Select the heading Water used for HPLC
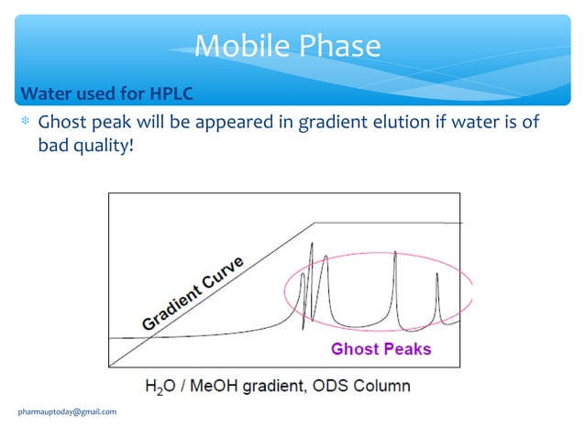106,94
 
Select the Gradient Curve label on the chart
193,293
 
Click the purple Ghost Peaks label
381,348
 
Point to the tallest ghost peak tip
312,243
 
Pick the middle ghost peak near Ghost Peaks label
395,253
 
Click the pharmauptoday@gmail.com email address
68,412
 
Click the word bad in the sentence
53,145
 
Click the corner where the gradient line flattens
315,223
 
